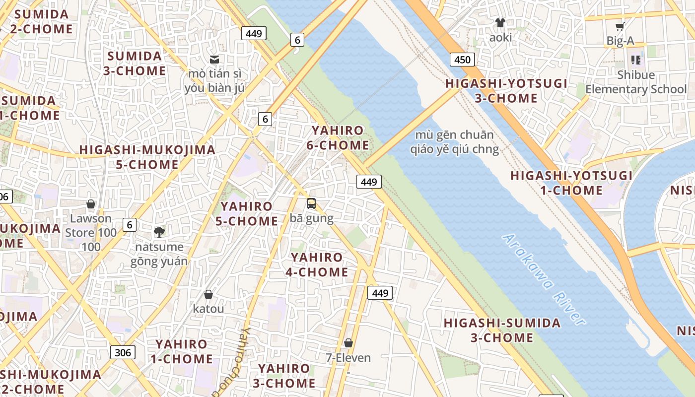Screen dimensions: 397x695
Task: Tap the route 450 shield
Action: (462, 60)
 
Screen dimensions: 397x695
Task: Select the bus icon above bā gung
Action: (311, 203)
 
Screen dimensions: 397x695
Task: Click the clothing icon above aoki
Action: (500, 23)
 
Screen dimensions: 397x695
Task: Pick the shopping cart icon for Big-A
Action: (620, 27)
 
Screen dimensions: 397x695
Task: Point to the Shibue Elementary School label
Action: (636, 82)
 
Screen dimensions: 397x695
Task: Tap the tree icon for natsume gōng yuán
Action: (159, 232)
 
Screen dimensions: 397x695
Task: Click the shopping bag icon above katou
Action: (208, 294)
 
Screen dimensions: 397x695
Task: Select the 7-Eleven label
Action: (348, 357)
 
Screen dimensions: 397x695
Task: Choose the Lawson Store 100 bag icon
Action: (91, 204)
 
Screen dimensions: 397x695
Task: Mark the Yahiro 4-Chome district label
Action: (317, 265)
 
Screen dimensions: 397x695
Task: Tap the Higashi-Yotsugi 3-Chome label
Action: (506, 91)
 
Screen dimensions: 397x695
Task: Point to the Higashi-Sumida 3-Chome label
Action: (502, 331)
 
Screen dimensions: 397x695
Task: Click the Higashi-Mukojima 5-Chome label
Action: (147, 157)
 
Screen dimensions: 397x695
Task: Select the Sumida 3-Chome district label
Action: (135, 63)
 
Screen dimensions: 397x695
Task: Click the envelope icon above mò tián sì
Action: (214, 60)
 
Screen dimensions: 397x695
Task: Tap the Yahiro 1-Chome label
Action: (182, 351)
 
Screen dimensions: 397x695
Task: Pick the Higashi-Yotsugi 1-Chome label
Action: (571, 183)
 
